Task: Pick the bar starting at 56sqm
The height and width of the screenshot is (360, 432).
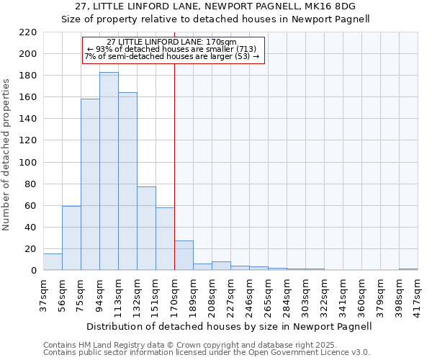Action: click(71, 238)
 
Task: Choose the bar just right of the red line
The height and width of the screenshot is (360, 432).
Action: click(184, 256)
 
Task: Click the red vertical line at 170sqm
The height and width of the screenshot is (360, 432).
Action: click(174, 144)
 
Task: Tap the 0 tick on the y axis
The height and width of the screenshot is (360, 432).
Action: click(33, 271)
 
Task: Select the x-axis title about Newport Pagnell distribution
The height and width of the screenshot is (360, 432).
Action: click(230, 326)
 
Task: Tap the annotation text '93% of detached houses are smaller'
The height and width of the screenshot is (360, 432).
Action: click(174, 48)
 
